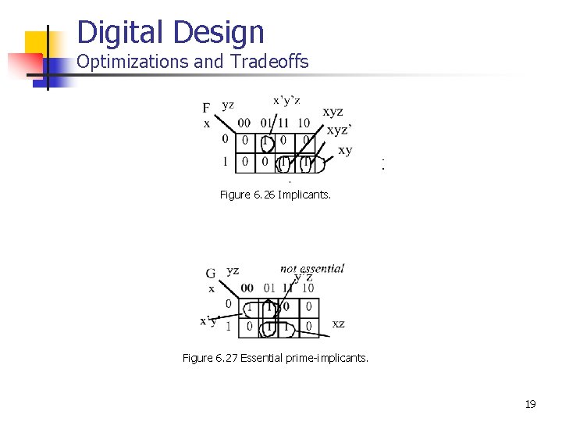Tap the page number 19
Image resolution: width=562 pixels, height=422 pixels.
530,404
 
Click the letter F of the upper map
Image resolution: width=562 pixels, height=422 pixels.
206,108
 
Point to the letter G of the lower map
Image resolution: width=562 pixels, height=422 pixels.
211,274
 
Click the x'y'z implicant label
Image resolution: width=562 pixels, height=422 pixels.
286,100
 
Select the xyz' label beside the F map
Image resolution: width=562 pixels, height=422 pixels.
338,131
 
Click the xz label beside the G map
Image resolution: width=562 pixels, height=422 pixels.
338,323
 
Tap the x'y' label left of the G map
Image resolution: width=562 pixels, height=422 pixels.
208,320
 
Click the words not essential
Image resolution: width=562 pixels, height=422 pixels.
312,268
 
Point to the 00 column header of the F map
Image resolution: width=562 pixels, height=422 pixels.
245,123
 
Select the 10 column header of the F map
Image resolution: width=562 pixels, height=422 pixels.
304,123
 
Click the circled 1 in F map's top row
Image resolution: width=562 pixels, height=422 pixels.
266,141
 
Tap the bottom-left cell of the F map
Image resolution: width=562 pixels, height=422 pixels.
245,162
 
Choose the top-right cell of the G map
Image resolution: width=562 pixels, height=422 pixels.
309,306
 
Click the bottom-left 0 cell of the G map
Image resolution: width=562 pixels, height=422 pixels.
249,325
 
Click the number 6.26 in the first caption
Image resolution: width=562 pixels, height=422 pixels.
265,195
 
